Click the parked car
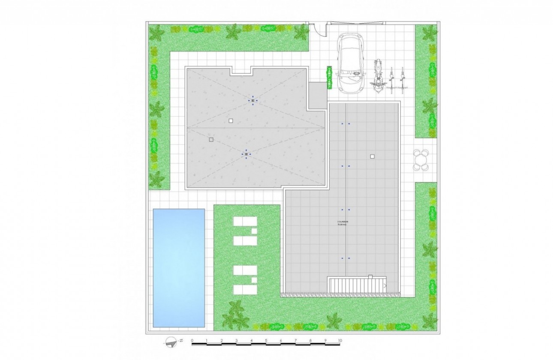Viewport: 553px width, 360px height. pyautogui.click(x=351, y=63)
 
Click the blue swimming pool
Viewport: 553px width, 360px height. pyautogui.click(x=179, y=268)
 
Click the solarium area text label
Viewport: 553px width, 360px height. pyautogui.click(x=342, y=223)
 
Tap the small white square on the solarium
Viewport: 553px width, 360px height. pyautogui.click(x=372, y=156)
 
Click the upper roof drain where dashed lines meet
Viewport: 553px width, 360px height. pyautogui.click(x=253, y=101)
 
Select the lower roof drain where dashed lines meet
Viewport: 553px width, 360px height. pyautogui.click(x=246, y=154)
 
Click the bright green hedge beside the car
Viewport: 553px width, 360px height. pyautogui.click(x=329, y=78)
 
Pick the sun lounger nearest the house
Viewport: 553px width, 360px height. pyautogui.click(x=245, y=222)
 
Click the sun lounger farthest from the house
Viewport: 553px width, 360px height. pyautogui.click(x=245, y=289)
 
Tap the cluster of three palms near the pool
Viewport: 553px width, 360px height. pyautogui.click(x=235, y=316)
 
